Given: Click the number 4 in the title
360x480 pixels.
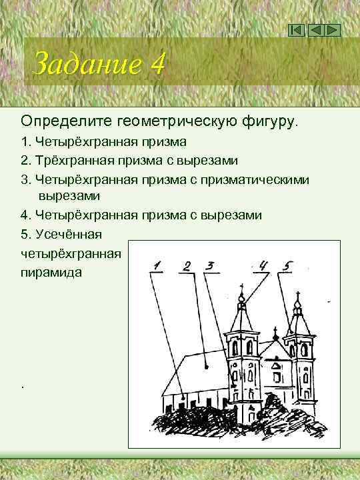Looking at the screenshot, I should [x=157, y=64].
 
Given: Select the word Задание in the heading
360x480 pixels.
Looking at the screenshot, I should [x=87, y=64].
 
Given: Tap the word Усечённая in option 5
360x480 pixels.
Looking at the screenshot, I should [x=69, y=234].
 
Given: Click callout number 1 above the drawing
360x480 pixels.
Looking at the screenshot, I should [x=157, y=267].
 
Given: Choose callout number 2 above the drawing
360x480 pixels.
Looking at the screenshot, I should [x=187, y=267].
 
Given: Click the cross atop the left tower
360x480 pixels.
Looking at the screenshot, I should [x=241, y=293].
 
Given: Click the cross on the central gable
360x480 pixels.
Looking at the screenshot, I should [x=274, y=333].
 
